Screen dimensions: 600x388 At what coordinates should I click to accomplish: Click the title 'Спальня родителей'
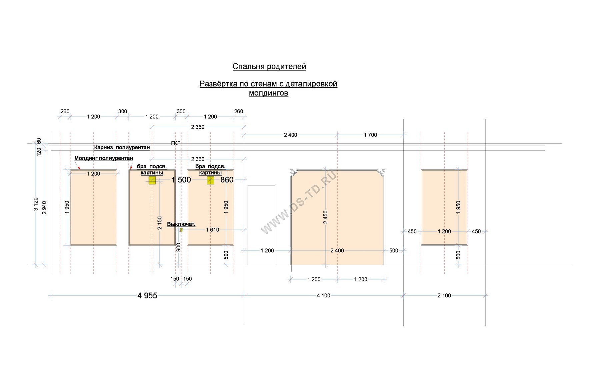coord(269,67)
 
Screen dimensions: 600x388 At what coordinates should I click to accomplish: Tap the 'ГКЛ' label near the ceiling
coord(176,143)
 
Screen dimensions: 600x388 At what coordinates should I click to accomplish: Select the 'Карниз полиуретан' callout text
coord(122,147)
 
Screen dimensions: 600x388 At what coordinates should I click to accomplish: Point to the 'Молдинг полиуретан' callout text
coord(104,158)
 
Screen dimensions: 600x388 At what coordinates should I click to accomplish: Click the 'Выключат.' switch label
coord(181,224)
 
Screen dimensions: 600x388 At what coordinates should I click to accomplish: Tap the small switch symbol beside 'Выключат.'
coord(181,230)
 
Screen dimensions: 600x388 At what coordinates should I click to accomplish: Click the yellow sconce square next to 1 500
coord(152,180)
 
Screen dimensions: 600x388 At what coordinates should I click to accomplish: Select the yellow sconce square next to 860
coord(210,180)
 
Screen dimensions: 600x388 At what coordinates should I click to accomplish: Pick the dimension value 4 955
coord(147,295)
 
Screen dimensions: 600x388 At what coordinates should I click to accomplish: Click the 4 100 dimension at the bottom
coord(323,295)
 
